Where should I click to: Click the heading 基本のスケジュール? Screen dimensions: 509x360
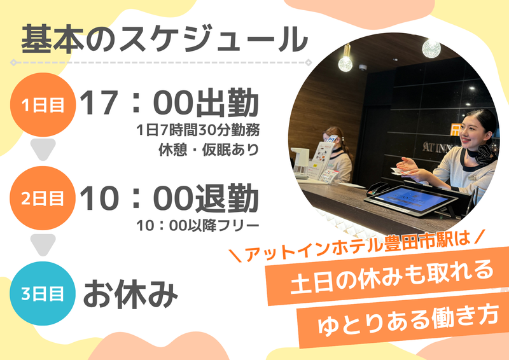click(x=164, y=39)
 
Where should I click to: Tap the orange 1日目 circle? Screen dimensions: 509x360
click(x=43, y=105)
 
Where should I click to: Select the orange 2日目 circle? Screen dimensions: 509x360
click(x=43, y=198)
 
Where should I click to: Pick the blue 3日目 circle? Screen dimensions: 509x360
click(x=43, y=293)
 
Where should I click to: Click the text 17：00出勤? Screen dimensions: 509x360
click(x=169, y=103)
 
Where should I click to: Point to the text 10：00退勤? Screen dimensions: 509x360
click(x=169, y=198)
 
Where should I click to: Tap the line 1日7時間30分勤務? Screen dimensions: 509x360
click(x=198, y=130)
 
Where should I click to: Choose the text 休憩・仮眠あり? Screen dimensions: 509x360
click(x=209, y=149)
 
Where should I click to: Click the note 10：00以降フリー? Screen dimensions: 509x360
click(x=198, y=226)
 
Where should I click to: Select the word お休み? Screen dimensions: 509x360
click(x=131, y=294)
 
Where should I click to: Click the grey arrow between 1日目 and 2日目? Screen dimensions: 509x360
click(x=43, y=149)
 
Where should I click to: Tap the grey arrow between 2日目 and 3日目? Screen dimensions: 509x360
click(x=43, y=244)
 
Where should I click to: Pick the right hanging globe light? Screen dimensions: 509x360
click(x=431, y=49)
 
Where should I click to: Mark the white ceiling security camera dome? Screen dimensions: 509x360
click(x=363, y=67)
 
